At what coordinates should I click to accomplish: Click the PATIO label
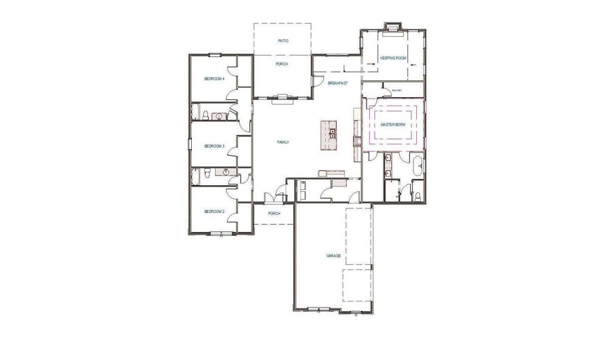point(283,41)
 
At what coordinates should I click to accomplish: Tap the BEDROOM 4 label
point(214,80)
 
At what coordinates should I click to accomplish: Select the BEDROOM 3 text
point(214,146)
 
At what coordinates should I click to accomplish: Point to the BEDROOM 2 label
point(214,212)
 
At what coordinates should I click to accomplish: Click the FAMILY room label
point(283,142)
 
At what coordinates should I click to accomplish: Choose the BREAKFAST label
point(337,83)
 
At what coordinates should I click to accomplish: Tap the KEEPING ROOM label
point(392,59)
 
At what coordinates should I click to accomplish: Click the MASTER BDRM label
point(393,126)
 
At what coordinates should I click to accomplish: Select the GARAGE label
point(333,257)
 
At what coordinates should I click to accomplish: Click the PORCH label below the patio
point(282,64)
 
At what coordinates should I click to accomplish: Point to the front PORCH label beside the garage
point(274,214)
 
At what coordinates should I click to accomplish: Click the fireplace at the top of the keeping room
point(392,29)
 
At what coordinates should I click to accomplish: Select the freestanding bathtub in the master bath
point(418,165)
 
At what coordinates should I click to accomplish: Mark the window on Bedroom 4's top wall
point(215,54)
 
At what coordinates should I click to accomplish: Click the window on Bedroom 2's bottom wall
point(218,234)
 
